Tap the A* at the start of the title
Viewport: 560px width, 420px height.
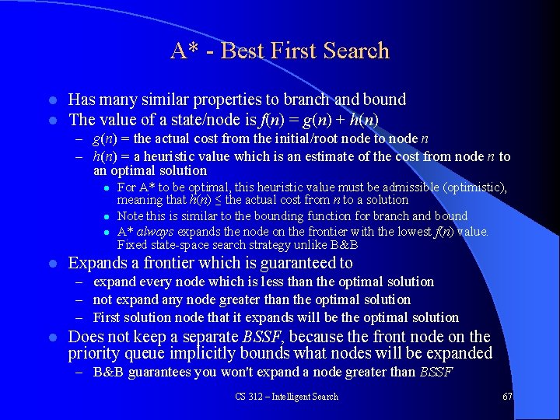coord(185,51)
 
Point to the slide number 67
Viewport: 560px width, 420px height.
coord(507,397)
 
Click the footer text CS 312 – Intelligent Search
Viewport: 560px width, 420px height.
coord(286,397)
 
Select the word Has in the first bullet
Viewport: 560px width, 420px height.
coord(82,100)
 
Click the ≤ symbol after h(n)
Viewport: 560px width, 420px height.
coord(217,201)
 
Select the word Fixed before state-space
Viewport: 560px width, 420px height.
coord(131,244)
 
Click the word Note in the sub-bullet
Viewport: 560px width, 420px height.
coord(130,216)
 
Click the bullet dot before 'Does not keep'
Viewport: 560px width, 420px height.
coord(51,338)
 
